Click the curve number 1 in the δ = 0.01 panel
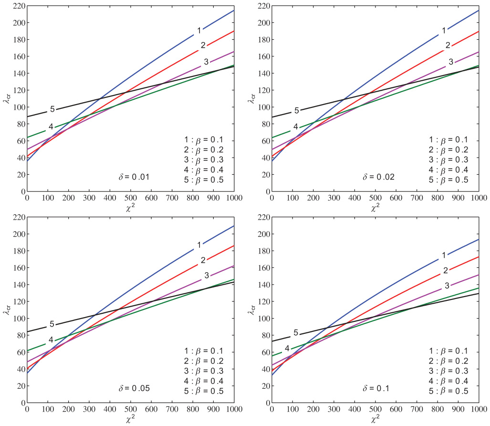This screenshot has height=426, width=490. [199, 31]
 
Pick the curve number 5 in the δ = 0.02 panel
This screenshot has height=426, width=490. [296, 110]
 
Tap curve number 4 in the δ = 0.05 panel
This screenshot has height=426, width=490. [51, 340]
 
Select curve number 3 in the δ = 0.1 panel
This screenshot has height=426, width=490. [447, 286]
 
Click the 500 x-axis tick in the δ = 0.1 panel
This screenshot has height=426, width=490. [375, 410]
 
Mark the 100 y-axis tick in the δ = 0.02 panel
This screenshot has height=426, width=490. [261, 107]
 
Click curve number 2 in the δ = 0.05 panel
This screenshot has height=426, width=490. [203, 260]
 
